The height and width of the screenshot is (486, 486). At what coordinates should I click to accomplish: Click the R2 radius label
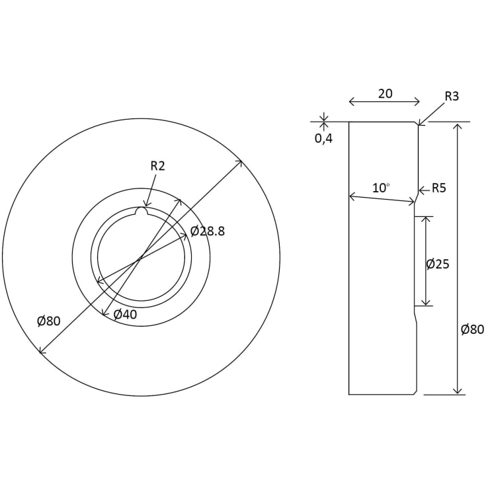pos(157,166)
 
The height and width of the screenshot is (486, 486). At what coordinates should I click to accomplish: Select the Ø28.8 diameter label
pos(208,231)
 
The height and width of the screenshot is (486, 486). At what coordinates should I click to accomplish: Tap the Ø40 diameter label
pos(125,315)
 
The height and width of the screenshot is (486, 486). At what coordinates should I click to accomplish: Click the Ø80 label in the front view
pos(49,321)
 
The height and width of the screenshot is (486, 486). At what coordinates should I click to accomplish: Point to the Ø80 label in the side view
pos(473,329)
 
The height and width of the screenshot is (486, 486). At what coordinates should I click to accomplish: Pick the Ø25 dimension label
pos(438,264)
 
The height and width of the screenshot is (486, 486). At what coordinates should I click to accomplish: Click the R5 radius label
pos(439,188)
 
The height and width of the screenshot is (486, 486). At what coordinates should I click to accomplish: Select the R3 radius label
pos(452,97)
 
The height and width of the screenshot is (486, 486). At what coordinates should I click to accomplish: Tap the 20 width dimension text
pos(385,94)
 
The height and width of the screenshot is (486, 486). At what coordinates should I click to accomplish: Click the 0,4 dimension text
pos(323,139)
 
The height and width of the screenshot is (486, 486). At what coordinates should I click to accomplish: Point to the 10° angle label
pos(380,188)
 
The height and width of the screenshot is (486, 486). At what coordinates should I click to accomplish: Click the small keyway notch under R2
pos(140,212)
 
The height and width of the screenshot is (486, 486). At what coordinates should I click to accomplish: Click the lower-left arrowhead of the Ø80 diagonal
pos(42,352)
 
